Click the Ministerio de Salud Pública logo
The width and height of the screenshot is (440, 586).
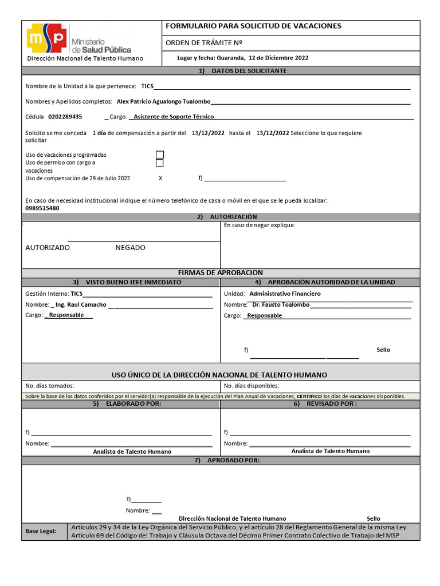tap(80, 38)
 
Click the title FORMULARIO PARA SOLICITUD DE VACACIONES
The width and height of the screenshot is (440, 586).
tap(253, 26)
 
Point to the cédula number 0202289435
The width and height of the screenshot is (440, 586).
tap(65, 117)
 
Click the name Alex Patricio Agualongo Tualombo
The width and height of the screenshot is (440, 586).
tap(163, 101)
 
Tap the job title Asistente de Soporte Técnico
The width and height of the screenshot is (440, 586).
tap(173, 117)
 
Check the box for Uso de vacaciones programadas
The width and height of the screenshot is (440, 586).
tap(160, 155)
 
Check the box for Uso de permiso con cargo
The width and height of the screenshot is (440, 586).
tap(160, 163)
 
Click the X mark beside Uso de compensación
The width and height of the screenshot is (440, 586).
tap(160, 179)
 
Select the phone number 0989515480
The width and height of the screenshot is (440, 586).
tap(42, 208)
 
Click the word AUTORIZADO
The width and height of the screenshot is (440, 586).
tap(48, 248)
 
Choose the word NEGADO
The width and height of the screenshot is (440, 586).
tap(130, 248)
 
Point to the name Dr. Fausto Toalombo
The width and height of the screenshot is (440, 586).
tap(281, 305)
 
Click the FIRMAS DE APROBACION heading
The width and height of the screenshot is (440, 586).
tap(221, 273)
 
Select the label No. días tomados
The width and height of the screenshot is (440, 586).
tap(50, 386)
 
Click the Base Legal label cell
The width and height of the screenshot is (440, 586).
tap(40, 532)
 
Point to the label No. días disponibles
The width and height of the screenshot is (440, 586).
tap(252, 386)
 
